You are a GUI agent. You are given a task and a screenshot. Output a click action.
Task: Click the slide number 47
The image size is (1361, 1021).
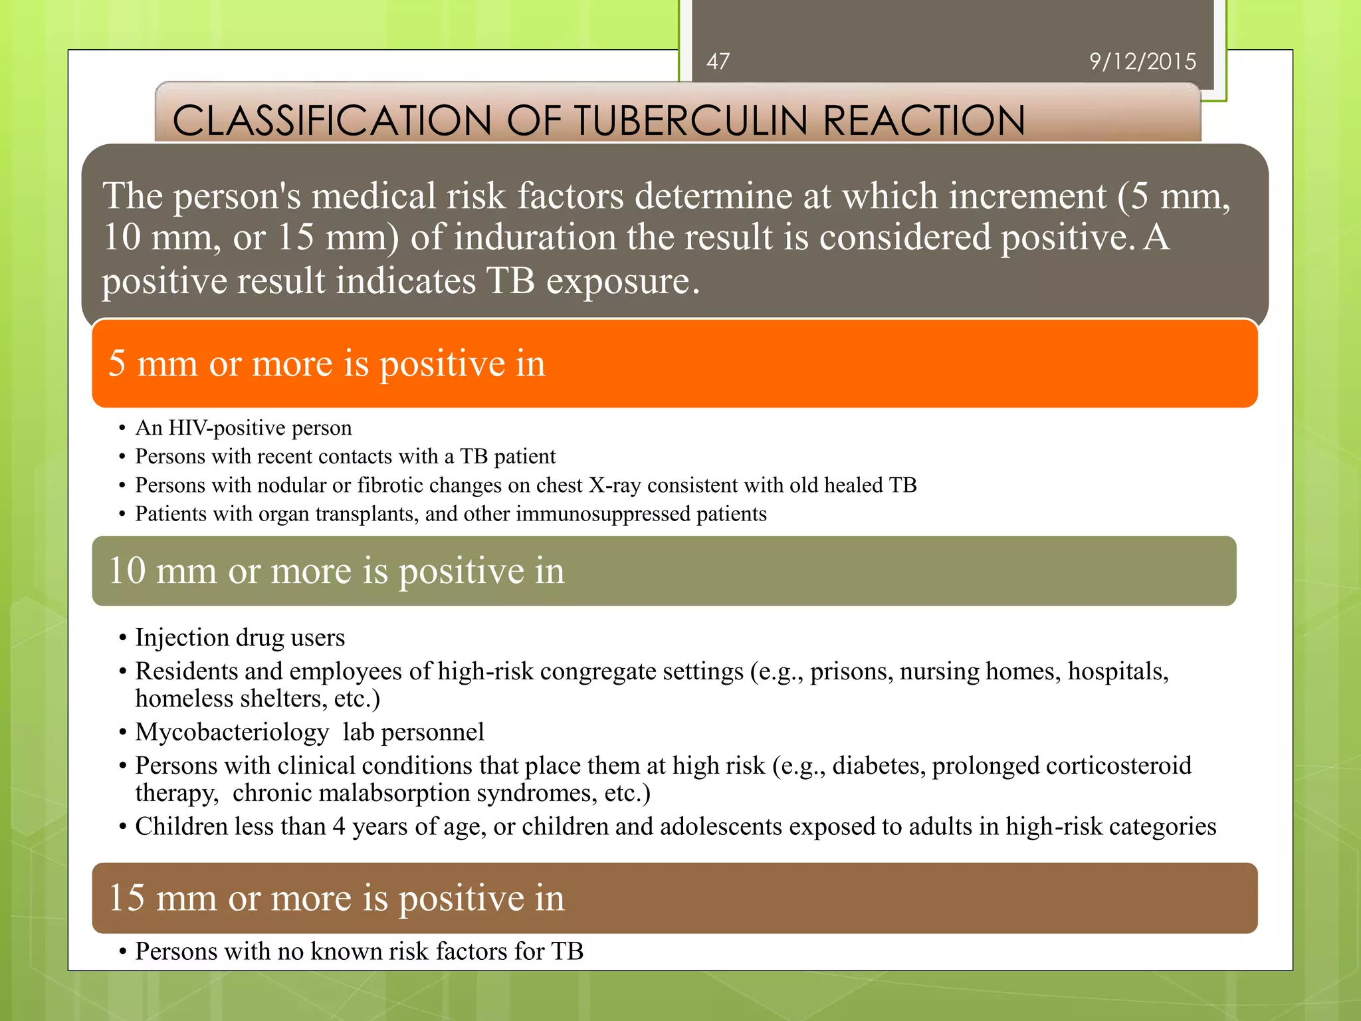718,62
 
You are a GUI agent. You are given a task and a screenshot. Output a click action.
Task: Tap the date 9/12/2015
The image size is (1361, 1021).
1142,62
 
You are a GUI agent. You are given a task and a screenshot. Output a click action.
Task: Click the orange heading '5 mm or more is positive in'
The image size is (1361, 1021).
326,364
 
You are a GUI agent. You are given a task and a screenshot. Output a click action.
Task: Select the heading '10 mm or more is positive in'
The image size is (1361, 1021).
336,571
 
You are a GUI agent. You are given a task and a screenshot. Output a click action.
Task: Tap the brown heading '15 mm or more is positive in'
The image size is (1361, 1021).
336,898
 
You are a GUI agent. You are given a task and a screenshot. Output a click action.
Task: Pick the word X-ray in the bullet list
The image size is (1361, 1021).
615,485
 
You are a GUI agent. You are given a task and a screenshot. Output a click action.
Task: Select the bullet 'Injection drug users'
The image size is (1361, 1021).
240,637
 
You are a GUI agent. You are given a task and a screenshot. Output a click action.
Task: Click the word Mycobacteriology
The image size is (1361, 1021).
232,732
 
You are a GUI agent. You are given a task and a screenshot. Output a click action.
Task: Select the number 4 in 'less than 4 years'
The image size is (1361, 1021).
339,826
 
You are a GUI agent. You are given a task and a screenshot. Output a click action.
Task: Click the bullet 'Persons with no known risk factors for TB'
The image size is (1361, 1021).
359,951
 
